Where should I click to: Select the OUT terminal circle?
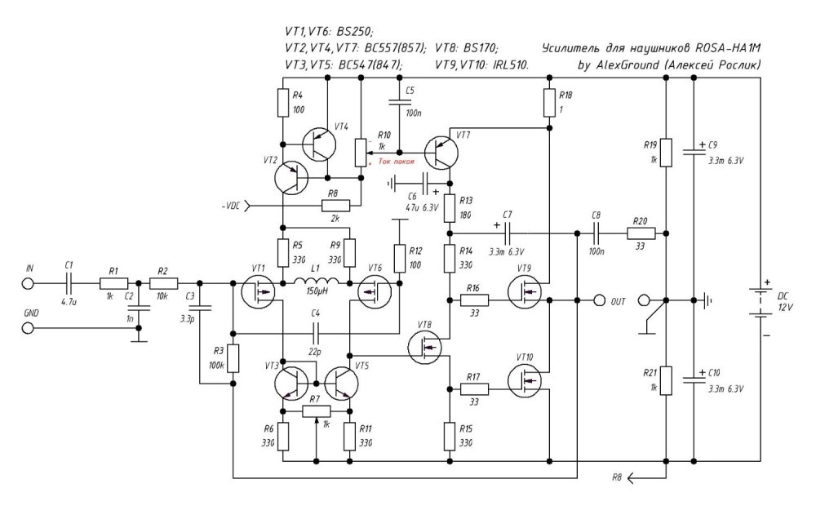point(600,300)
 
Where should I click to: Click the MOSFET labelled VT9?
point(523,292)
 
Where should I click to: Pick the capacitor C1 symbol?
point(69,283)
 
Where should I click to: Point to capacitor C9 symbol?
point(694,152)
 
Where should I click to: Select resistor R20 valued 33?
point(639,234)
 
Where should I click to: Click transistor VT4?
point(318,145)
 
